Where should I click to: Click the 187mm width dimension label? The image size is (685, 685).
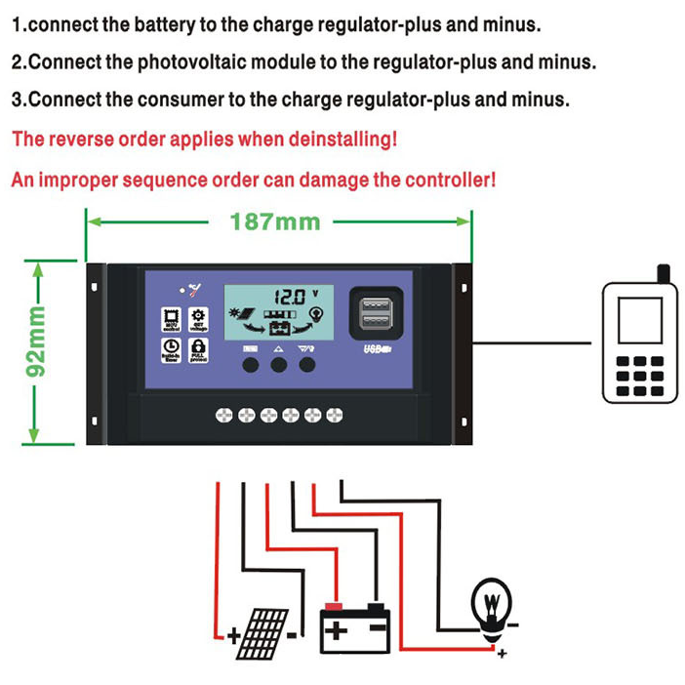tap(275, 222)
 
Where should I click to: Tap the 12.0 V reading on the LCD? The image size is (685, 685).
tap(293, 294)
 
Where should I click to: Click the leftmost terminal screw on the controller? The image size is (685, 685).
tap(222, 415)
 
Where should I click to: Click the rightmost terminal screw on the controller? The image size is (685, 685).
tap(336, 415)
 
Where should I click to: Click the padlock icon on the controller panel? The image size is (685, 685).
tap(198, 348)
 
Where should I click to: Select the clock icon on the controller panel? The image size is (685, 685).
tap(170, 348)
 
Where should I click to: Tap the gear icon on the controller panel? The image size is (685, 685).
tap(198, 318)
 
